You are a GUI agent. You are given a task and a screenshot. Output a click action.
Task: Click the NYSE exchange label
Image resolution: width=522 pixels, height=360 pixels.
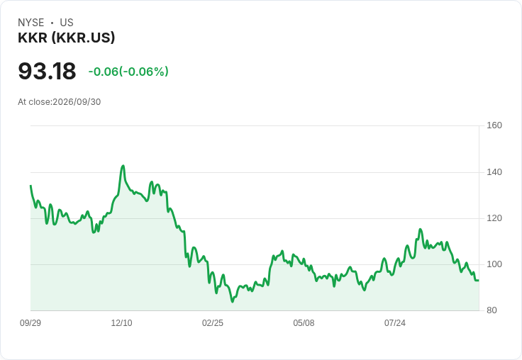[x=31, y=23]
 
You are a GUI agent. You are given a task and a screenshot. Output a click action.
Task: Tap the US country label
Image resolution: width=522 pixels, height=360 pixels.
[x=67, y=23]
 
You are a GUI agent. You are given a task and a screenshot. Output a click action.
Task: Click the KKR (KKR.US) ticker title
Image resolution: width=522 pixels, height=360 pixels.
[x=66, y=38]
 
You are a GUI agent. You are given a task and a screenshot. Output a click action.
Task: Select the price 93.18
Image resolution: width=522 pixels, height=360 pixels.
[x=47, y=71]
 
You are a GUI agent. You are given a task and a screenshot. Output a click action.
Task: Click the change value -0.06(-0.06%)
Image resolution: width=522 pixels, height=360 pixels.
[x=128, y=72]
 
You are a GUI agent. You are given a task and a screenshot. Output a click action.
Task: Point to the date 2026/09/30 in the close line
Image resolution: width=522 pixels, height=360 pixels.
[x=77, y=102]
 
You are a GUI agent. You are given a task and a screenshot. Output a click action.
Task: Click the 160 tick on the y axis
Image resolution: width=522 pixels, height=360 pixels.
[x=494, y=125]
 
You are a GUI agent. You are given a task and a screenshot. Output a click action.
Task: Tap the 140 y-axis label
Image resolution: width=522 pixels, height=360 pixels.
[x=494, y=172]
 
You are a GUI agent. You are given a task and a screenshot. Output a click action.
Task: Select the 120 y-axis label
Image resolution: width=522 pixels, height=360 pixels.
[x=494, y=218]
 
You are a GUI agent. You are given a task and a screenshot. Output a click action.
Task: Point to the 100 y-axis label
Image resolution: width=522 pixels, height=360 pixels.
[x=494, y=264]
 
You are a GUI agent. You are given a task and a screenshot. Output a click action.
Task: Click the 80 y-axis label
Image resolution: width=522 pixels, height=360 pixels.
[x=492, y=310]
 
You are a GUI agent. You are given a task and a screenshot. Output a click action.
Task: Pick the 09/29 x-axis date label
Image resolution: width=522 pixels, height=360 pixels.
[x=30, y=323]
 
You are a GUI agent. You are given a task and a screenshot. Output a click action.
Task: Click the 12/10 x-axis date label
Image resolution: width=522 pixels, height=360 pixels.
[x=121, y=323]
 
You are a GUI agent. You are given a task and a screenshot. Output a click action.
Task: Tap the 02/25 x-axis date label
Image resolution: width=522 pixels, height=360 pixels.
[x=213, y=323]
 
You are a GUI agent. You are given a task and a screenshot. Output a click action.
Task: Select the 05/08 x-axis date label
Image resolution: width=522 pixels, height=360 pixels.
[x=304, y=323]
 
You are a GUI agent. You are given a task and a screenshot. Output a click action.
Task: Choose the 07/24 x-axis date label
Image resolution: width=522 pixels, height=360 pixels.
[x=395, y=323]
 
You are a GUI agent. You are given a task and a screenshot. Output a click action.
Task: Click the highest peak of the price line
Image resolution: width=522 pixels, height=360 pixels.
[x=123, y=165]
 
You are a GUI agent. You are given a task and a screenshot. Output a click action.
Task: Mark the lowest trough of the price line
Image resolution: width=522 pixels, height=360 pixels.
[x=233, y=301]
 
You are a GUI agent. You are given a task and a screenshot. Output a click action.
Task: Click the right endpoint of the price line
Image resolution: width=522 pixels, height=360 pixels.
[x=479, y=281]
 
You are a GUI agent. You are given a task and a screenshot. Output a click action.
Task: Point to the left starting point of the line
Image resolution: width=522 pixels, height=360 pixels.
[x=30, y=186]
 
